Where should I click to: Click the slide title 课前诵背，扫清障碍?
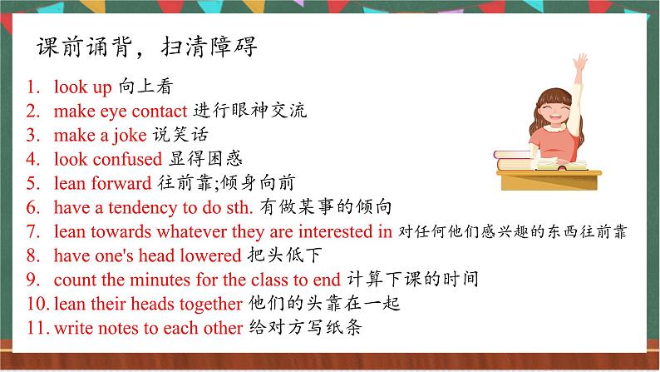146,47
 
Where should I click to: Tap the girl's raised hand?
580,62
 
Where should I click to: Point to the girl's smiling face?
555,112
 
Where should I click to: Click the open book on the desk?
562,165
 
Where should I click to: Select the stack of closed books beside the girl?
513,160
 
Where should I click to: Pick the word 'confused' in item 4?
127,159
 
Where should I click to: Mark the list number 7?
32,231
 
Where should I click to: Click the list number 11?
38,328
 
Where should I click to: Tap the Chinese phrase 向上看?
145,87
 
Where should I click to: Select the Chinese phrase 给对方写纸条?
305,327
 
